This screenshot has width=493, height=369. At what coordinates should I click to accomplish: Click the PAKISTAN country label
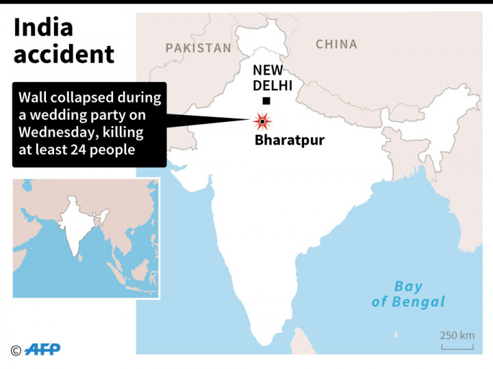pyautogui.click(x=198, y=48)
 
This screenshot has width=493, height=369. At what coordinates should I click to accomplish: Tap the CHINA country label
pyautogui.click(x=336, y=44)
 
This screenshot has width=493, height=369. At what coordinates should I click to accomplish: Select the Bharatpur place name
pyautogui.click(x=289, y=141)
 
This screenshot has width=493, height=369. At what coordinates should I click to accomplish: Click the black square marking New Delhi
pyautogui.click(x=266, y=101)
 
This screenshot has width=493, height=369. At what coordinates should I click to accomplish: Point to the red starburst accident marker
pyautogui.click(x=262, y=122)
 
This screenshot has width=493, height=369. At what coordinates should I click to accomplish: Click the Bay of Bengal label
pyautogui.click(x=408, y=294)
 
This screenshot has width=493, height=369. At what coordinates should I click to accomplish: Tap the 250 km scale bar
pyautogui.click(x=457, y=346)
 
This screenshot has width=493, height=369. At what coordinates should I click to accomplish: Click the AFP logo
pyautogui.click(x=42, y=350)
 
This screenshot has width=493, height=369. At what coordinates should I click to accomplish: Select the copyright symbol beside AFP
pyautogui.click(x=16, y=351)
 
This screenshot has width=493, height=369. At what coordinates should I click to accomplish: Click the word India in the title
pyautogui.click(x=43, y=28)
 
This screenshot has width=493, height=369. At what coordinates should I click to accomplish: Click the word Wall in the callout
pyautogui.click(x=33, y=97)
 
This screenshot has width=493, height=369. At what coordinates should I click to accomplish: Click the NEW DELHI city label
pyautogui.click(x=273, y=77)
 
